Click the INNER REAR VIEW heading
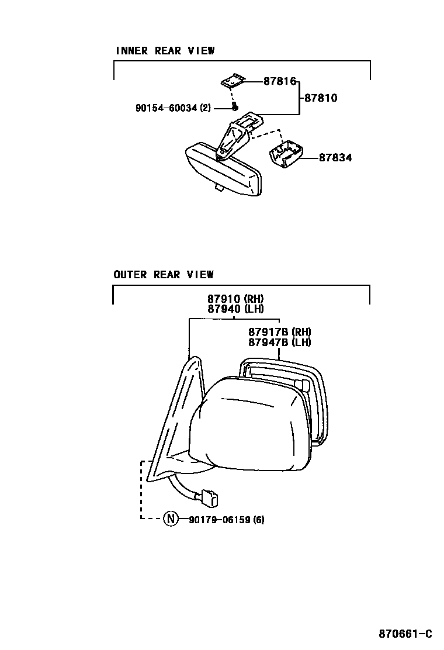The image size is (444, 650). click(165, 51)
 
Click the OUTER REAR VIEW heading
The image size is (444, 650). click(164, 274)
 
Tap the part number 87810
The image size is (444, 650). click(321, 98)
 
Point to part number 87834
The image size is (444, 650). click(335, 158)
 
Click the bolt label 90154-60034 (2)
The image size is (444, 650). click(173, 108)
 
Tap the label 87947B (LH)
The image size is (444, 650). click(279, 342)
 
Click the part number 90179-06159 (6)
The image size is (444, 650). click(226, 519)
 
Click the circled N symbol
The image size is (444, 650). click(170, 518)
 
